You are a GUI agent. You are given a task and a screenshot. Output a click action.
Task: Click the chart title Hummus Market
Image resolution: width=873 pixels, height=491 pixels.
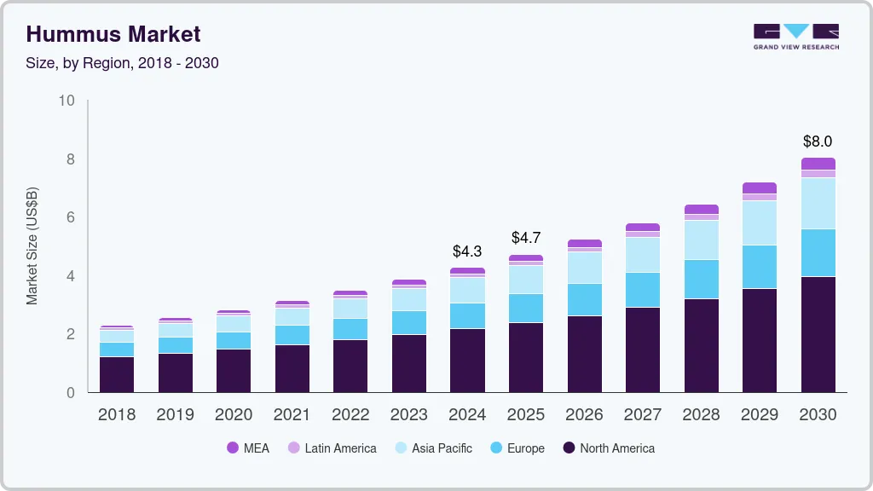[x=113, y=34]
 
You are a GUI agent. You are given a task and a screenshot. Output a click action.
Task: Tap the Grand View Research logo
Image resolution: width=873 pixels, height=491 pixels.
[x=795, y=36]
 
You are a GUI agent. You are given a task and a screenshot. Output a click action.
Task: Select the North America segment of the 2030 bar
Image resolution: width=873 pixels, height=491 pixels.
[x=818, y=334]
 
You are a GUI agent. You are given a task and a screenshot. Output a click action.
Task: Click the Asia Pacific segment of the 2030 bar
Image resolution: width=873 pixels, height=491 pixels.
[x=818, y=203]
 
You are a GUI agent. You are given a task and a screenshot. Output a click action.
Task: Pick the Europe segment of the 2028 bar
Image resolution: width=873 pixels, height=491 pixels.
[x=702, y=279]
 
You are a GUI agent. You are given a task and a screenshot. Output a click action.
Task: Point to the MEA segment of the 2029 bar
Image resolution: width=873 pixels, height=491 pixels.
[x=760, y=188]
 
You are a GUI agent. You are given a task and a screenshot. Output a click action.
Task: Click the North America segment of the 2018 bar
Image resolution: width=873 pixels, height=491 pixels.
[x=117, y=374]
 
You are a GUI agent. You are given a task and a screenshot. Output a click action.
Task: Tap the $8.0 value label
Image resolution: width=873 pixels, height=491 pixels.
[x=818, y=142]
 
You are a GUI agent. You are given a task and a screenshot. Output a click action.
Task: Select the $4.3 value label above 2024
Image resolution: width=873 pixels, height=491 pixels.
[x=467, y=251]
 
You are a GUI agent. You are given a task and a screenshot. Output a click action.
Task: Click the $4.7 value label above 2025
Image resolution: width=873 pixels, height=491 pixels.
[x=526, y=238]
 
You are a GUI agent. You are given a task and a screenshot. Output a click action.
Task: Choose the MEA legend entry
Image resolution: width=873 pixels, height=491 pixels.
[x=248, y=448]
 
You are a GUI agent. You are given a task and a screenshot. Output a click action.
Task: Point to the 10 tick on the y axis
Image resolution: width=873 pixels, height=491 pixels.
[x=66, y=101]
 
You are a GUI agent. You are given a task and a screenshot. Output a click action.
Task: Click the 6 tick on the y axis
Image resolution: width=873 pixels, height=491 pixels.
[x=71, y=217]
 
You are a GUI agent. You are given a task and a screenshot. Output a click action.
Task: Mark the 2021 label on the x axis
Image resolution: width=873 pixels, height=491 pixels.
[x=292, y=415]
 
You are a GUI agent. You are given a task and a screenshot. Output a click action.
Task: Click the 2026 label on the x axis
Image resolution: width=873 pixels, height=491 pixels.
[x=584, y=415]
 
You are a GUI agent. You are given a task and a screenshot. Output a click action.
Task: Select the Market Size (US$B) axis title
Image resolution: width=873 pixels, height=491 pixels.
[x=32, y=245]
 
